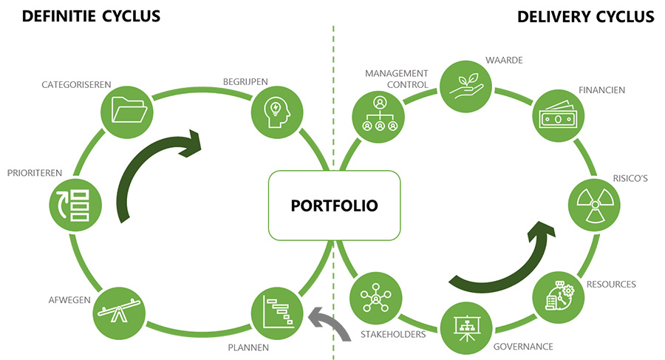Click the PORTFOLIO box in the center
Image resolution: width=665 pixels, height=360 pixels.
click(x=334, y=205)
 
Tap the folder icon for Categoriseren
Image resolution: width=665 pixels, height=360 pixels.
click(x=126, y=112)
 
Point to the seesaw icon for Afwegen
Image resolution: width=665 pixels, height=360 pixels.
click(x=117, y=311)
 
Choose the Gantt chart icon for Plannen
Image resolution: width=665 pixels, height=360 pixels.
click(x=276, y=312)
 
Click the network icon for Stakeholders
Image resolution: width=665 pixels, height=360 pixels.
click(x=375, y=297)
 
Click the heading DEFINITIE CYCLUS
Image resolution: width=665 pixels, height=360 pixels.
click(x=92, y=16)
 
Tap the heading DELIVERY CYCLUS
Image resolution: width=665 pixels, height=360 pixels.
click(x=585, y=16)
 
